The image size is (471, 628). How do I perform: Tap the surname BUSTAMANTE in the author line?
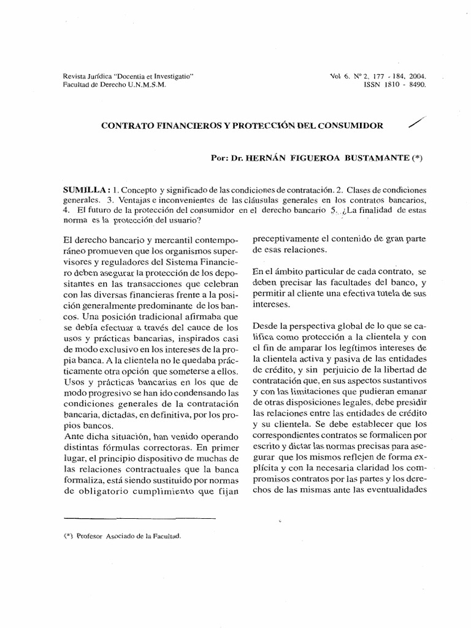click(x=377, y=157)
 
